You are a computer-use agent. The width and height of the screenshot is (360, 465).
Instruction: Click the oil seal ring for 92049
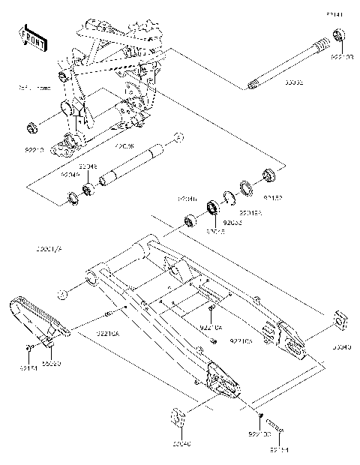pos(73,199)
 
